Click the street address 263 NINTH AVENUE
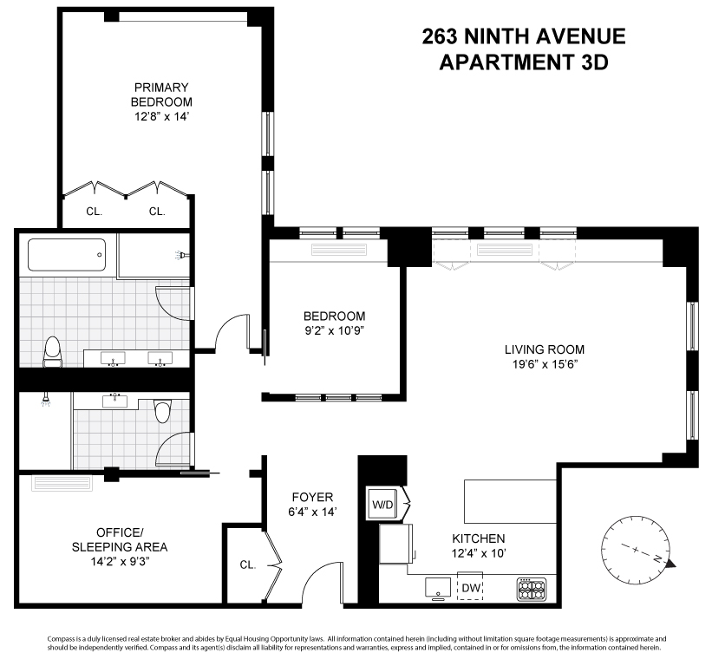pos(522,37)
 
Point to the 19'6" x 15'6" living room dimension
pos(545,364)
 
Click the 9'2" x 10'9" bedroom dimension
pos(334,331)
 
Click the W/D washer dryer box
pos(382,504)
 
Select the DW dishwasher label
pos(470,589)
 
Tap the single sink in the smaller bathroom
pos(114,400)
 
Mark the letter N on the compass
pos(656,559)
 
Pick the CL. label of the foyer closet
pos(248,565)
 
